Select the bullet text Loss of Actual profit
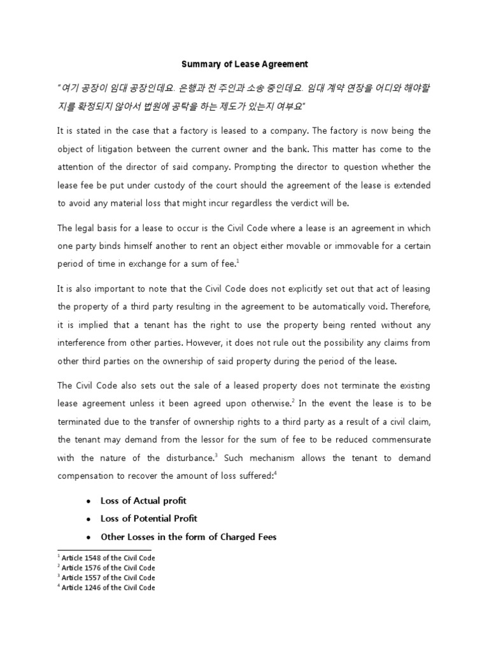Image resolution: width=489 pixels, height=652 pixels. [x=143, y=500]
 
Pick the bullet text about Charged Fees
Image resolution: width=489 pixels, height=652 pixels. [x=188, y=537]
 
